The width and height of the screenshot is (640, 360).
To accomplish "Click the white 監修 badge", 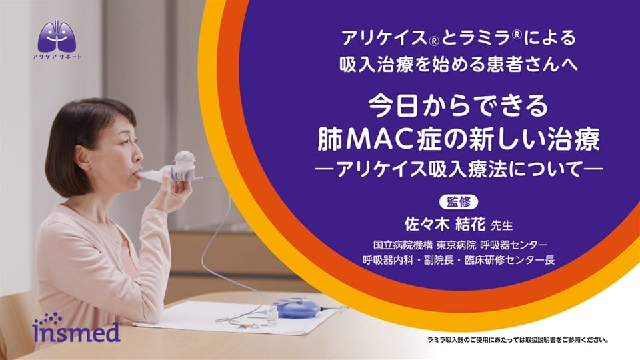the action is pos(459,202).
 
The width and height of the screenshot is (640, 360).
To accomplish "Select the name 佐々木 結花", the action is pos(445,224).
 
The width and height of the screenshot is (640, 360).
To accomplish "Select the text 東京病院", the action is pos(456,245).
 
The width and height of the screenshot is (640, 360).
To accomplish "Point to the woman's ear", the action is pos(81,155).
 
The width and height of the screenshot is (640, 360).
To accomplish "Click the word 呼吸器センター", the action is pos(513,245).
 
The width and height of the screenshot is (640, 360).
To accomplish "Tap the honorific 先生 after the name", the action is pos(501,225).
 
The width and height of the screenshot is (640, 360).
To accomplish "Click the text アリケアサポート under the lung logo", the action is pos(57,57).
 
